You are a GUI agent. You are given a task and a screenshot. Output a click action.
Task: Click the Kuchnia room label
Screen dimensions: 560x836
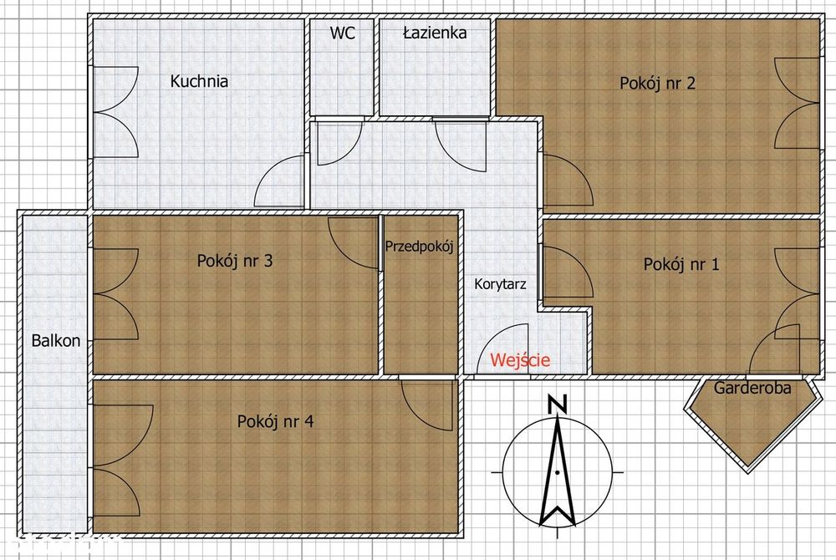point(199,81)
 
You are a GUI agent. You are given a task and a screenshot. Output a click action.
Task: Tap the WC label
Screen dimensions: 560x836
point(342,33)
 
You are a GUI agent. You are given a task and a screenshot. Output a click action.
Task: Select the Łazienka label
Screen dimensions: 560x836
point(434,33)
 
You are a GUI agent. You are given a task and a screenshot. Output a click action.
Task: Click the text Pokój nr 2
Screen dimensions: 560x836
point(658,83)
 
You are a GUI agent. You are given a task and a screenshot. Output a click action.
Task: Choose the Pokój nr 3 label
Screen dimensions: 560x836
point(235,260)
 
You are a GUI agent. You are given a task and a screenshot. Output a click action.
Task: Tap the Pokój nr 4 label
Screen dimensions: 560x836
point(275,421)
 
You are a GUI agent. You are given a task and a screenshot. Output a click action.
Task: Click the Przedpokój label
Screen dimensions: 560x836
point(419,247)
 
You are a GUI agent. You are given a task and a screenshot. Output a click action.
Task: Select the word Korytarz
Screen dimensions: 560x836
point(500,284)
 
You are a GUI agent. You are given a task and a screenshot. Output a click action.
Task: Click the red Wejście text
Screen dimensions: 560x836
point(520,360)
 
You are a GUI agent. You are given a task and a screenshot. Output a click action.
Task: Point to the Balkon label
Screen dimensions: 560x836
point(56,340)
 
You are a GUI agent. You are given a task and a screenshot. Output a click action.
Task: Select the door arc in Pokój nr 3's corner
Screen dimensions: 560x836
point(351,242)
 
